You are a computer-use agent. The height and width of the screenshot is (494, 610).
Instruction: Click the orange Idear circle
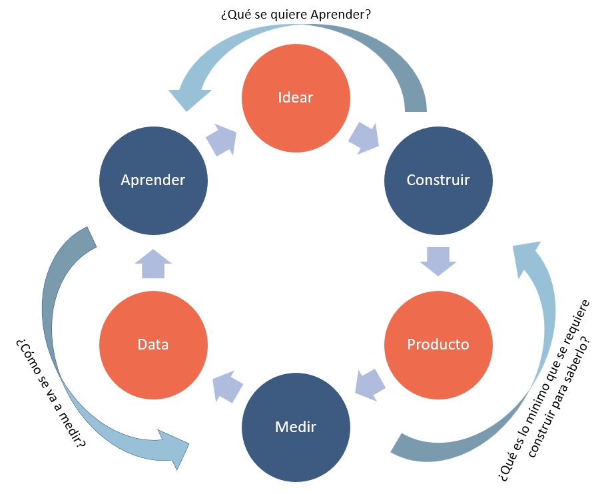click(x=296, y=97)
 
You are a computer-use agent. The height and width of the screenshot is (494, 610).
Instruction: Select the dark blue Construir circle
click(x=438, y=180)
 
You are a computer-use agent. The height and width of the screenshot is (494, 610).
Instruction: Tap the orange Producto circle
click(x=438, y=344)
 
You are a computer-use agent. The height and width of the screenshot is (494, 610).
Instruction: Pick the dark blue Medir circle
click(x=296, y=426)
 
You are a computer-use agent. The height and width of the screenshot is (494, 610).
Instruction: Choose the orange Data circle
click(x=153, y=344)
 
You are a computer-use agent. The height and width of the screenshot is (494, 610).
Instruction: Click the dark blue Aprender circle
click(x=153, y=180)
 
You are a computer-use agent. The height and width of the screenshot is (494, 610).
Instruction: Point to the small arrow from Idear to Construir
click(x=364, y=137)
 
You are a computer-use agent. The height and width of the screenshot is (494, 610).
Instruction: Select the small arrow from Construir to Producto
click(x=438, y=260)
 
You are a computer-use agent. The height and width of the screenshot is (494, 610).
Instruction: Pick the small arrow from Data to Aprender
click(x=153, y=264)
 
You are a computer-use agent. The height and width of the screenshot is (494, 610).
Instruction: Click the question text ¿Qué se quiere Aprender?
click(x=296, y=13)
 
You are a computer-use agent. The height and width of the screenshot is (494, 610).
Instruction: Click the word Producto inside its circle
click(x=438, y=344)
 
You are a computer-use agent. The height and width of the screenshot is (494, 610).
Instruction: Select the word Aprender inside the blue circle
click(x=153, y=180)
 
